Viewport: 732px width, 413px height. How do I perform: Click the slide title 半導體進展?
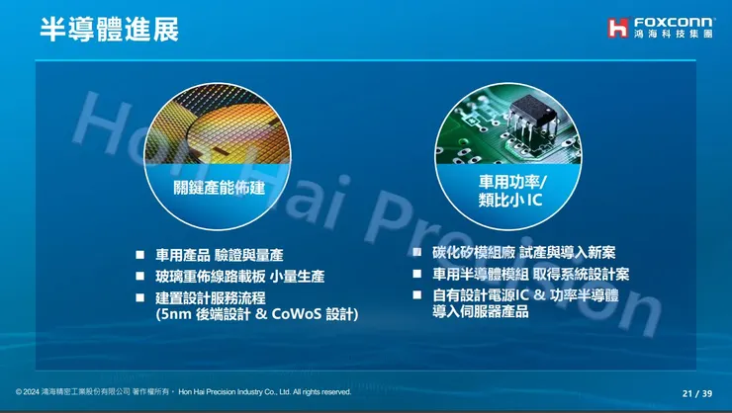tap(109, 29)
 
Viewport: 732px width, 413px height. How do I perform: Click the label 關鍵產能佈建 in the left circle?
tap(220, 187)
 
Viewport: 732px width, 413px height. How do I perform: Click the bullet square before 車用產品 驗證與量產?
tap(140, 255)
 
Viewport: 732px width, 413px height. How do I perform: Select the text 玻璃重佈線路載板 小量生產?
tap(240, 277)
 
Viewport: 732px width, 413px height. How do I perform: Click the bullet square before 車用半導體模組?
tap(417, 274)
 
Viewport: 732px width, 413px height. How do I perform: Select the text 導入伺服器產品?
tap(481, 312)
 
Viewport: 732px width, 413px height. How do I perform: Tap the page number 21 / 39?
tap(696, 392)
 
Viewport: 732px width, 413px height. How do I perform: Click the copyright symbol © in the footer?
tap(19, 392)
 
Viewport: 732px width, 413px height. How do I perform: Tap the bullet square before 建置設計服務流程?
tap(140, 297)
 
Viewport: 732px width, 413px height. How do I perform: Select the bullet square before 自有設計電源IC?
tap(417, 294)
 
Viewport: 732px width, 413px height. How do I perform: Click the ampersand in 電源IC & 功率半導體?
tap(539, 294)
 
